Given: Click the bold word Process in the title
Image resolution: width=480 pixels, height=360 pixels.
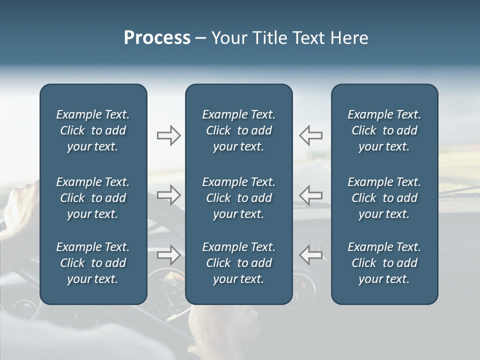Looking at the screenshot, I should (x=157, y=38).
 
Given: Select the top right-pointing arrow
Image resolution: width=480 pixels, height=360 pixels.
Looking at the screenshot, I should (x=169, y=135).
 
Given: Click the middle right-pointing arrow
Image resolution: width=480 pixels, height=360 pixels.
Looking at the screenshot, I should (x=169, y=195).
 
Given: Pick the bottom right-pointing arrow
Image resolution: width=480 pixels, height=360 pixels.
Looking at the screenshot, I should (x=169, y=255).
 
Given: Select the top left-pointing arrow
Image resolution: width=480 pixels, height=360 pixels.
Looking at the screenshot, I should (x=310, y=135).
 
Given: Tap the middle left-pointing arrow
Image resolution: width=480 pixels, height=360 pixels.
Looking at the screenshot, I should (x=310, y=195).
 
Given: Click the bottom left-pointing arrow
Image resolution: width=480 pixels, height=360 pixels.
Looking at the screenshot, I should (x=310, y=255).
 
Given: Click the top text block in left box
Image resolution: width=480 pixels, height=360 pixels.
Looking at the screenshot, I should (x=93, y=130).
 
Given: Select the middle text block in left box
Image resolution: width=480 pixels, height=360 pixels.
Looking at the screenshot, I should (x=93, y=198).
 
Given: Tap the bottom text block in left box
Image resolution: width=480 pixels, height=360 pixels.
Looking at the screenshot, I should (x=93, y=263).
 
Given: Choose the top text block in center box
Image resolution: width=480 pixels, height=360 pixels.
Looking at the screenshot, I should (x=238, y=130).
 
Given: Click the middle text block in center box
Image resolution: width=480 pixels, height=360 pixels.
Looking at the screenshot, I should (x=238, y=198).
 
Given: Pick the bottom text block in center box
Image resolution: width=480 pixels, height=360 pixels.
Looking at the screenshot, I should (x=238, y=263).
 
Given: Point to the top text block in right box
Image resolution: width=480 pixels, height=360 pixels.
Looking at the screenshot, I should (x=384, y=130).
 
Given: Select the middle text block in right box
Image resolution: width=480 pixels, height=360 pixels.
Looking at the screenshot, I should (x=384, y=198).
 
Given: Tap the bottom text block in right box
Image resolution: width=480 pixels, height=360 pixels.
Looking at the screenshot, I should (x=384, y=263).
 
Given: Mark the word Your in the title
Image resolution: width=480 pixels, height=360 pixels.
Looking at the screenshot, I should (x=229, y=38).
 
